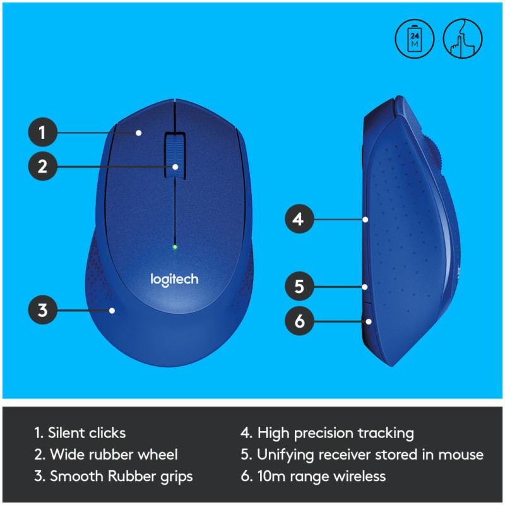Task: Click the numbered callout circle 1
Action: pos(43,132)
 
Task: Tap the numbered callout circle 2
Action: pos(43,166)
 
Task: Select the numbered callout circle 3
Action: pos(43,310)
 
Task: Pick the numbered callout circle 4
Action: pos(299,219)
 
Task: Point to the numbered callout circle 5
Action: pos(299,286)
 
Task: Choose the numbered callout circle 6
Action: pos(299,321)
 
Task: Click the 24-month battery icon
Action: pos(415,39)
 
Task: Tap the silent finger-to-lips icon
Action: pos(463,39)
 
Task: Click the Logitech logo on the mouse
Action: pos(174,280)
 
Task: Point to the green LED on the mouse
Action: pos(175,247)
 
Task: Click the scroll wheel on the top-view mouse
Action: pos(175,155)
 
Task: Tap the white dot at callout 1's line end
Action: pos(138,133)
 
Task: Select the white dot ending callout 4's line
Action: pos(365,219)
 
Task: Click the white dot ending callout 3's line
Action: pos(112,311)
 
